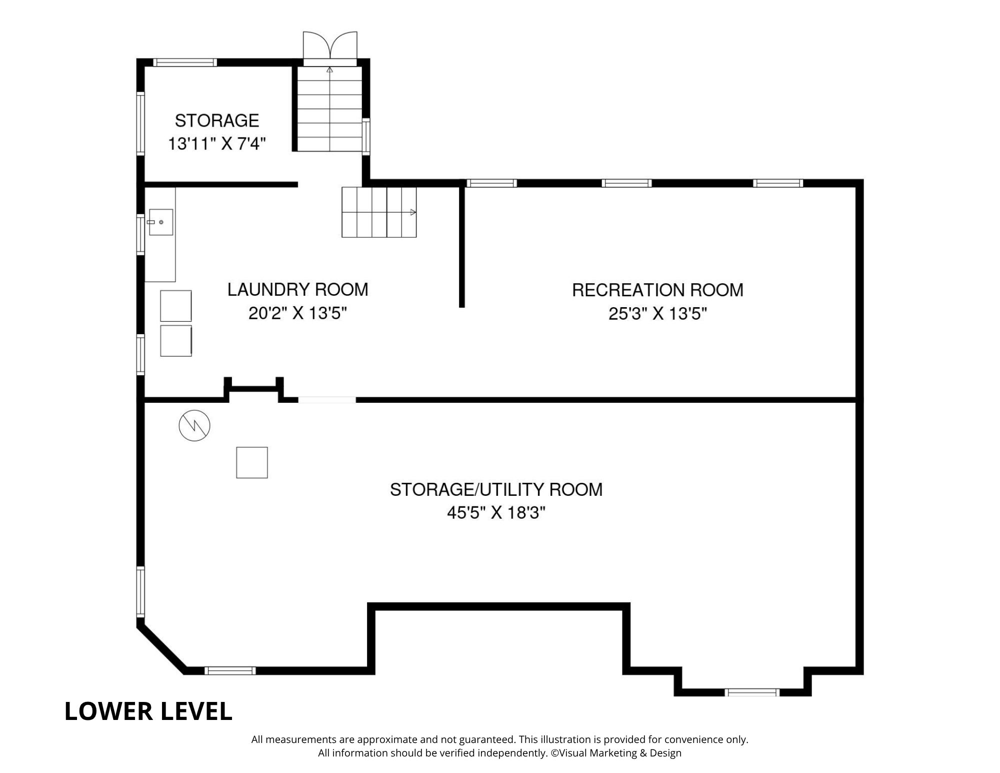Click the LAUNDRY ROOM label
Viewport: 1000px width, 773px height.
(x=297, y=290)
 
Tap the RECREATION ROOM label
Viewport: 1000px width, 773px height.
(x=657, y=290)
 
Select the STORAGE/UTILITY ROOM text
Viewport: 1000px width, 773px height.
(x=496, y=489)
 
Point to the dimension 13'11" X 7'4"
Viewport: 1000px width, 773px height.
(x=216, y=144)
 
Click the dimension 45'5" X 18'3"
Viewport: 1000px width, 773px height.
(x=496, y=513)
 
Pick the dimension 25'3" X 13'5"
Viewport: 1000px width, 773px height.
(x=657, y=314)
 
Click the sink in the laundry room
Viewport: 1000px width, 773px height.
(x=160, y=222)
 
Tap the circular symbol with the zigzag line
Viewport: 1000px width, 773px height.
(x=194, y=425)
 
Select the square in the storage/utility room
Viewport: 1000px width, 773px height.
(x=252, y=462)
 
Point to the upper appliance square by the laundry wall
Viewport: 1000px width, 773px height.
(x=175, y=306)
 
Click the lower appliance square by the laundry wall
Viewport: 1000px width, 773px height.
(x=175, y=341)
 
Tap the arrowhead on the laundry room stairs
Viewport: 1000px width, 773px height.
(x=413, y=212)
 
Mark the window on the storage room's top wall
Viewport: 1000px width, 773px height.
(x=185, y=63)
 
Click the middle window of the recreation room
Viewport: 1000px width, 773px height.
(x=626, y=183)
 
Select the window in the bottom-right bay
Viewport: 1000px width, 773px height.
(x=752, y=692)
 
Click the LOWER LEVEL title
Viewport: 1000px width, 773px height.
(x=148, y=711)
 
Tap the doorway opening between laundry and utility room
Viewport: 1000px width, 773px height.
(x=327, y=400)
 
